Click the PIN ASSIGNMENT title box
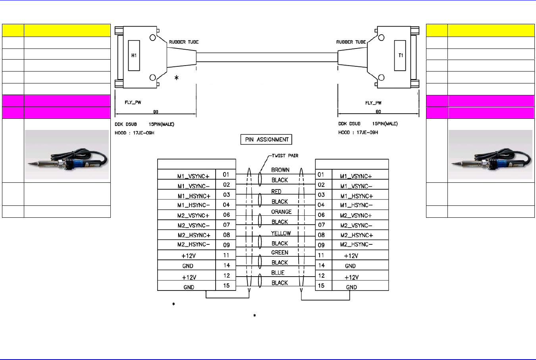pos(266,139)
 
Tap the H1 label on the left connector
pos(134,55)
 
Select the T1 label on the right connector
pos(401,55)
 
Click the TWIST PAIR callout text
pos(285,156)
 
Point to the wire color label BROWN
pos(280,170)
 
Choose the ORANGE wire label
pos(281,212)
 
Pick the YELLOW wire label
pos(281,233)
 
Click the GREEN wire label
pos(280,252)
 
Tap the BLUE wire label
pos(278,273)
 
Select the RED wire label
pos(276,192)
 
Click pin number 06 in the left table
pos(226,215)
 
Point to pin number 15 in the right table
pos(321,286)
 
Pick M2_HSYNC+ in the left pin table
pos(194,235)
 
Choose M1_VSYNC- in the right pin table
pos(356,186)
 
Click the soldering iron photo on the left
pos(67,155)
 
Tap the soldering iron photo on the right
pos(490,155)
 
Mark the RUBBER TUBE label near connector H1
pos(183,42)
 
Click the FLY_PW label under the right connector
pos(373,103)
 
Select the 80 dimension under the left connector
pos(156,112)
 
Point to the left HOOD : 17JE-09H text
pos(135,133)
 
